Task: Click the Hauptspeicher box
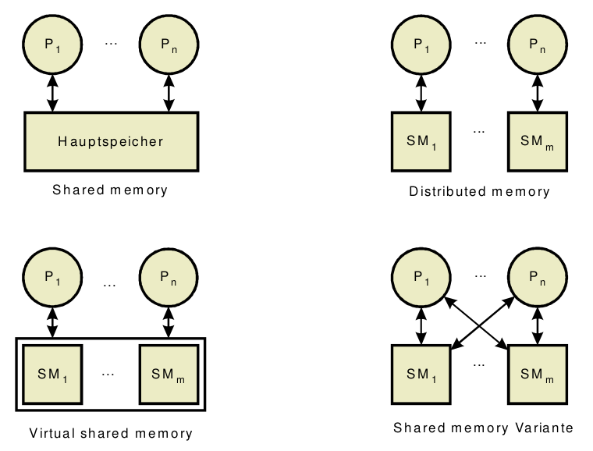pos(110,142)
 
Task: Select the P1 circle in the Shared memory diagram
pos(52,45)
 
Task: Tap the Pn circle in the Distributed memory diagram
pos(536,45)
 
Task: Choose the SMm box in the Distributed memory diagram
pos(537,141)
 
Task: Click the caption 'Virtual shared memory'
pos(110,433)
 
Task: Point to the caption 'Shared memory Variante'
pos(484,428)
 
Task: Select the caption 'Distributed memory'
pos(479,191)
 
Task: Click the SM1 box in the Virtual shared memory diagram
pos(52,373)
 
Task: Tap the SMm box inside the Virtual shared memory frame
pos(168,373)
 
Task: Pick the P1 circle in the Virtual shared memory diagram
pos(52,279)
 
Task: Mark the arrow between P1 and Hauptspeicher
pos(52,93)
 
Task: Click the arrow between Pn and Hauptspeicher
pos(168,93)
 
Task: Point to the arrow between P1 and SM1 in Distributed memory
pos(421,93)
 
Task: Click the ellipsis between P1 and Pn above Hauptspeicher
pos(110,43)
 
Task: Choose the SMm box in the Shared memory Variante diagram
pos(537,373)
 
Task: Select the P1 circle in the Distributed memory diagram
pos(421,45)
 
